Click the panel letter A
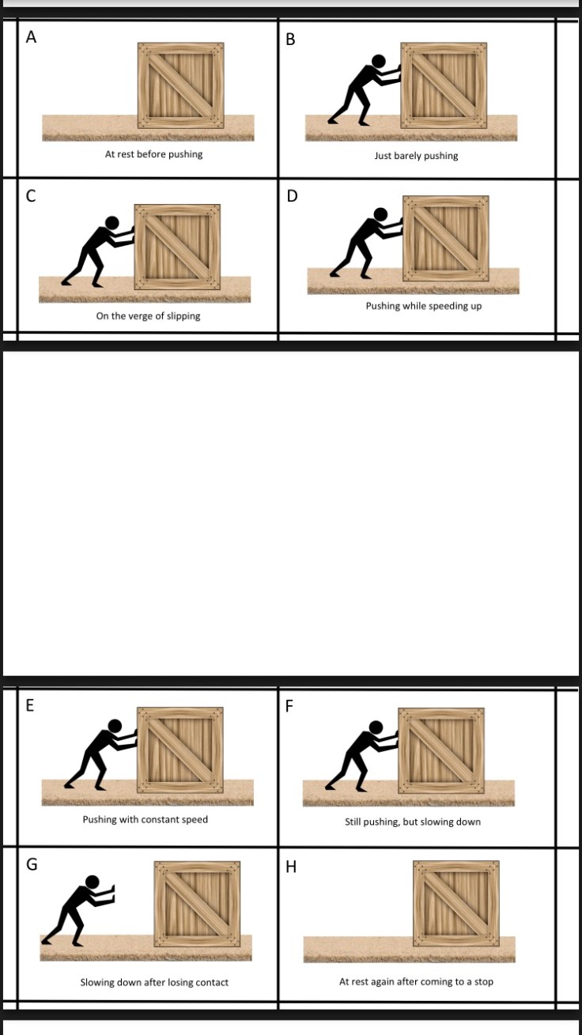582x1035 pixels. point(31,37)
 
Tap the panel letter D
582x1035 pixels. point(292,196)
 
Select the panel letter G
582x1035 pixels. point(32,864)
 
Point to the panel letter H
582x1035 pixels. point(291,867)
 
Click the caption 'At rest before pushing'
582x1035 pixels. point(153,154)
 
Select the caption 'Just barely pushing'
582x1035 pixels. point(416,156)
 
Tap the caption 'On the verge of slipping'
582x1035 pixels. point(148,316)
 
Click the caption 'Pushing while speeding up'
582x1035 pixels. point(423,306)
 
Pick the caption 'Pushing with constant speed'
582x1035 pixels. point(145,819)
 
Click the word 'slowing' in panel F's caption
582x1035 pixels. point(439,822)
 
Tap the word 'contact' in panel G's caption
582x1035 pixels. point(212,982)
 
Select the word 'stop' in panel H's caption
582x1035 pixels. point(483,981)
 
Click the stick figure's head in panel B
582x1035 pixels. point(379,61)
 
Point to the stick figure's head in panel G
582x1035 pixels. point(93,882)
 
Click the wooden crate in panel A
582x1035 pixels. point(181,85)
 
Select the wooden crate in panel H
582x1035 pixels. point(455,903)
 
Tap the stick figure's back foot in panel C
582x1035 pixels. point(66,281)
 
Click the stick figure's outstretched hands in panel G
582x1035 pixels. point(111,893)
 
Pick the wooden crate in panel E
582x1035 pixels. point(180,750)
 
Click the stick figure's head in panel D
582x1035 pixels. point(380,214)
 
